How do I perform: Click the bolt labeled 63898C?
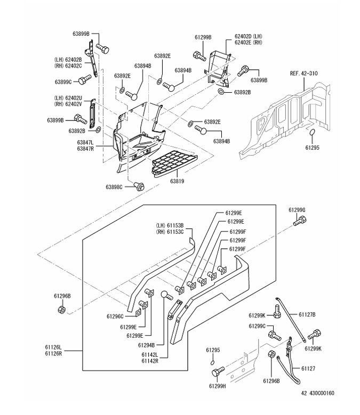coord(141,186)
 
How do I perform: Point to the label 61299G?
coord(298,210)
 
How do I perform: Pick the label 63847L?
coord(85,143)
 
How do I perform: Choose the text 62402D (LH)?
coord(249,37)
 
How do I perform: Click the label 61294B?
coord(146,345)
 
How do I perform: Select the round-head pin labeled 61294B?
coord(165,294)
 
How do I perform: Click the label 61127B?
coord(307,314)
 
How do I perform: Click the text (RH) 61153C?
coord(170,232)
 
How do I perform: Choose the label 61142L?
coord(150,354)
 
